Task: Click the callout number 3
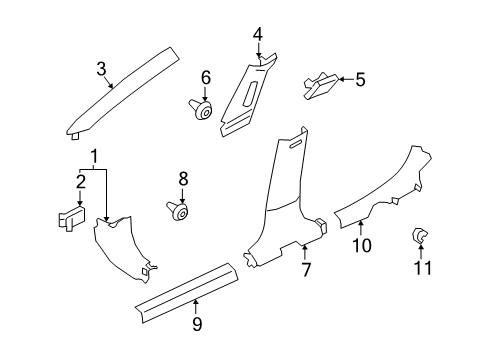pos(101,68)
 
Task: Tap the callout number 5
pos(361,78)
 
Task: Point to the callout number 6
pos(206,77)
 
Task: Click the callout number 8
pos(183,180)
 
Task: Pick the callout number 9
pos(197,322)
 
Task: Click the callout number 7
pos(305,270)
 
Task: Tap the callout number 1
pos(95,157)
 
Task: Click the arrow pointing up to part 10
pos(361,228)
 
